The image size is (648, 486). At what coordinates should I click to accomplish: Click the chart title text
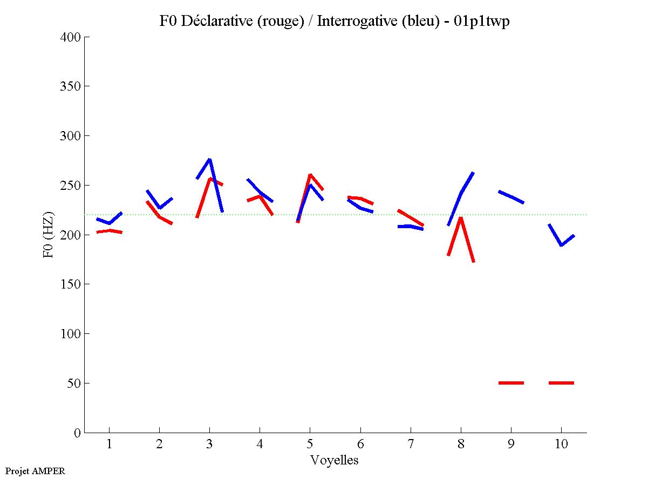click(335, 22)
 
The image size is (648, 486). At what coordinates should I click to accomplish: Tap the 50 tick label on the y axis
click(74, 384)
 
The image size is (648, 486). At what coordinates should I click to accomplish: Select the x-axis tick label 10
click(561, 445)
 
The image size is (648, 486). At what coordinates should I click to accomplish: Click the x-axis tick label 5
click(310, 445)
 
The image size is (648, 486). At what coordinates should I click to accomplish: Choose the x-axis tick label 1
click(110, 445)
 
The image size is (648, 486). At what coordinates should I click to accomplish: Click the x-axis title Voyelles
click(335, 460)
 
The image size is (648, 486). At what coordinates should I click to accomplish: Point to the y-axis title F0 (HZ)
click(49, 235)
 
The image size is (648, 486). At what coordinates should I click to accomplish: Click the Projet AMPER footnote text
click(35, 471)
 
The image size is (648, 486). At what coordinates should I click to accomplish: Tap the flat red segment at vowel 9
click(511, 383)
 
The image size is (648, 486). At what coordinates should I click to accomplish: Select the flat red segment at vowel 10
click(561, 383)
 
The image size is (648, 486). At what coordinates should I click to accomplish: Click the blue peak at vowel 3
click(209, 159)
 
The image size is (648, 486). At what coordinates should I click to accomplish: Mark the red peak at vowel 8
click(461, 218)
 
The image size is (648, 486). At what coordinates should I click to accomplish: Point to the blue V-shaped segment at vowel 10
click(561, 244)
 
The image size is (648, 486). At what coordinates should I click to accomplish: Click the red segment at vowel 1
click(110, 231)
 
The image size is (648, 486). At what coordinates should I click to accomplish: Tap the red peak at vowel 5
click(310, 175)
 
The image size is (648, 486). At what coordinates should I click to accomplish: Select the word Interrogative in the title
click(350, 22)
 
